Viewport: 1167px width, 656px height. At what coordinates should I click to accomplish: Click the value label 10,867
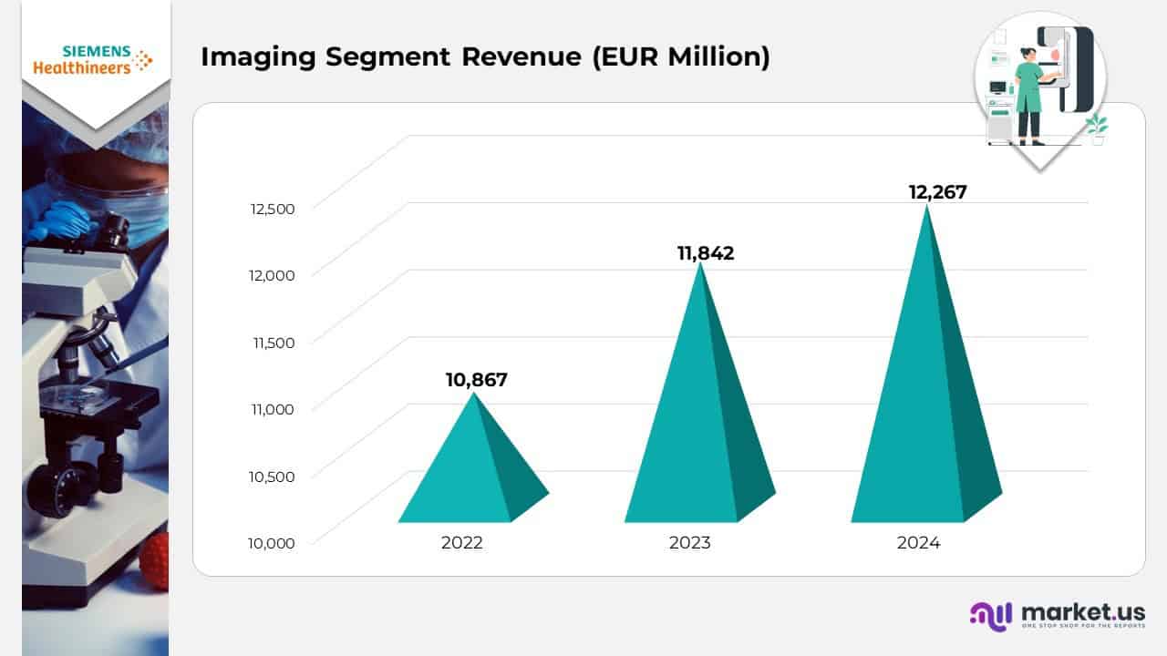coord(476,380)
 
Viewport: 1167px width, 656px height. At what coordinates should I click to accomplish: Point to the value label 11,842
coord(705,253)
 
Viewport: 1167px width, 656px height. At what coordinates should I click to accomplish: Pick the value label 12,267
coord(937,192)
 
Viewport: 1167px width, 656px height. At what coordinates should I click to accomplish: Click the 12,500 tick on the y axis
coord(273,209)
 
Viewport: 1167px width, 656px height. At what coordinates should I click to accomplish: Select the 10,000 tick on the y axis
coord(271,543)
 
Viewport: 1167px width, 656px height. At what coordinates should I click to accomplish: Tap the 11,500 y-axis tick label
coord(273,343)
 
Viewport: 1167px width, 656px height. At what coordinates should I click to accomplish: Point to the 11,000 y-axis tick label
coord(273,409)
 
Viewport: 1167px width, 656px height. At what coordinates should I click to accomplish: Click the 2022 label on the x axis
coord(462,543)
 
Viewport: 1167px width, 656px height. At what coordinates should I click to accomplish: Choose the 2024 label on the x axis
coord(918,543)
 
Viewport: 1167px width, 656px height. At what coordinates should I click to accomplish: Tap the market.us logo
coord(1057,615)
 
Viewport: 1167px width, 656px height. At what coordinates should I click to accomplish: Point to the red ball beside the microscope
coord(155,559)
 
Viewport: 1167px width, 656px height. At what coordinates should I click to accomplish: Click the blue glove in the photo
coord(60,219)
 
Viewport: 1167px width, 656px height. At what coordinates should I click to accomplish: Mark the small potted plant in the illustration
coord(1096,130)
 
